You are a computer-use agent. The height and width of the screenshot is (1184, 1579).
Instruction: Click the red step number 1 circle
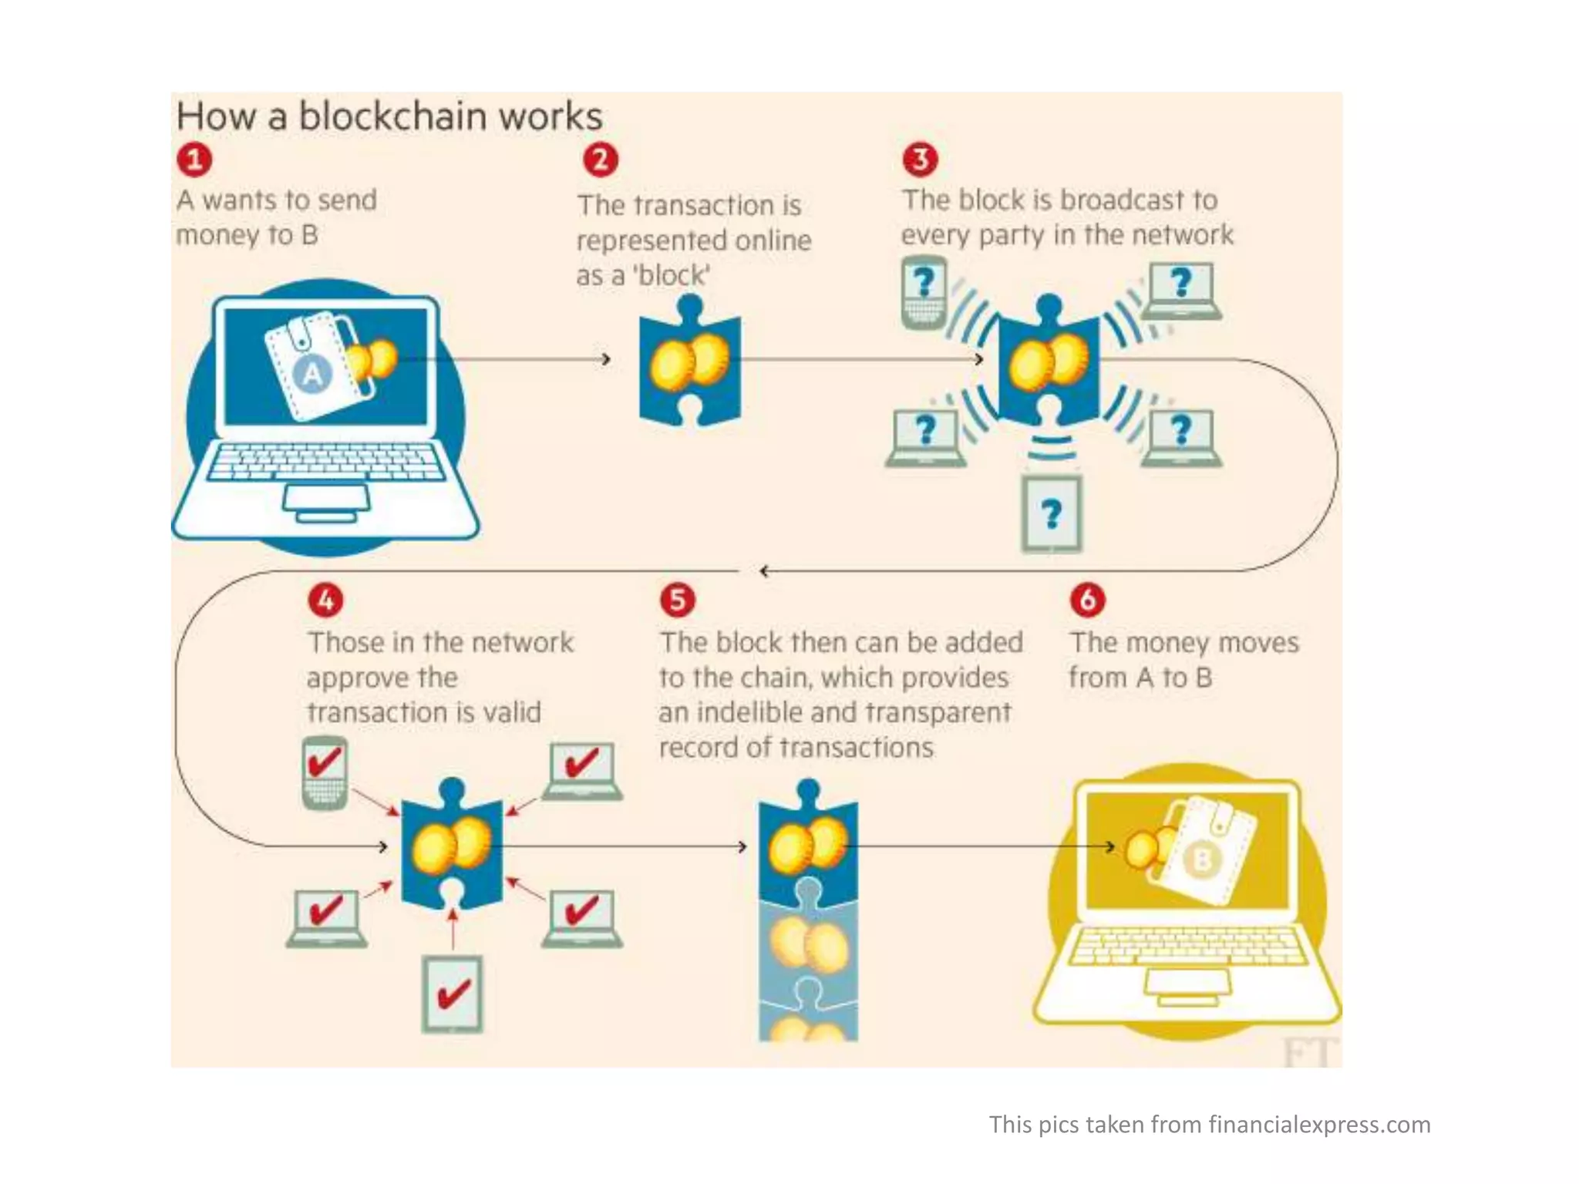click(x=194, y=160)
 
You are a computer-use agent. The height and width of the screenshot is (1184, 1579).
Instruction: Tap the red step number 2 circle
click(x=601, y=160)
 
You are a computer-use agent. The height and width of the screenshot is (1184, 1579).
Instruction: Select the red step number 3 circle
click(x=921, y=159)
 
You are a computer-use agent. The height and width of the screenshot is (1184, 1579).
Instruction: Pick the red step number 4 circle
click(x=326, y=600)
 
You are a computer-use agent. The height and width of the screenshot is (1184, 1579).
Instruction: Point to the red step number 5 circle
click(x=678, y=600)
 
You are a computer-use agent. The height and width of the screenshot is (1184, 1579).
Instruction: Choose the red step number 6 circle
click(x=1088, y=600)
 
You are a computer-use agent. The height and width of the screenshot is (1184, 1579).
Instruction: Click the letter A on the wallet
click(x=311, y=375)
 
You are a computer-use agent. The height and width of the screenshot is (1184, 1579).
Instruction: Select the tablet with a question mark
click(x=1052, y=513)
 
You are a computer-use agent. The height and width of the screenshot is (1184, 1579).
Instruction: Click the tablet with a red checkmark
click(x=453, y=994)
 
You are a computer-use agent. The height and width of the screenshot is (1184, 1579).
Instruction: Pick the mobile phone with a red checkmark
click(x=325, y=773)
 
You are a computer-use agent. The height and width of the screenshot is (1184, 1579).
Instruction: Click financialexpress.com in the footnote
click(x=1319, y=1125)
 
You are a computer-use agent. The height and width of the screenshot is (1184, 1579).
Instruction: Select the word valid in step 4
click(x=512, y=712)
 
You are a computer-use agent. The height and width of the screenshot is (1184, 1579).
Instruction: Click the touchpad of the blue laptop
click(x=326, y=499)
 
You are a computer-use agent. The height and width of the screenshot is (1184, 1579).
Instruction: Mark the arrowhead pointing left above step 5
click(x=763, y=571)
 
